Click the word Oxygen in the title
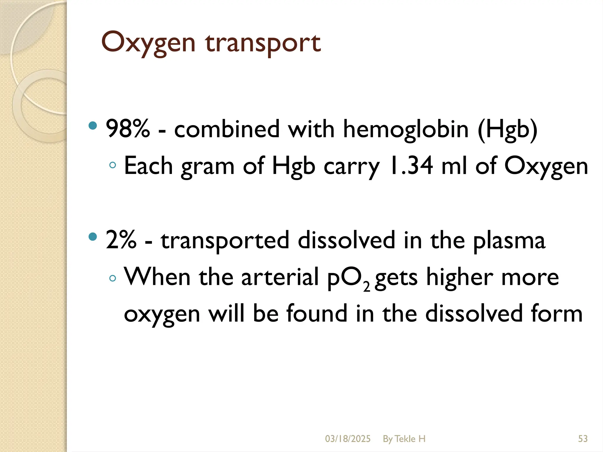click(x=148, y=43)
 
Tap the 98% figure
click(x=127, y=129)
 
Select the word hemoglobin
click(x=406, y=129)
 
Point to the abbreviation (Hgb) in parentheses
click(x=508, y=129)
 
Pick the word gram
click(x=208, y=167)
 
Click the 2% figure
click(x=121, y=240)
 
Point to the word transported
click(x=225, y=241)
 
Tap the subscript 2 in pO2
click(x=367, y=287)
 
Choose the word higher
click(x=459, y=277)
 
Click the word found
click(x=317, y=313)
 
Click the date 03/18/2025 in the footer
click(x=348, y=439)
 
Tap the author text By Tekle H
click(x=404, y=439)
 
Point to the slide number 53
click(x=583, y=439)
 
